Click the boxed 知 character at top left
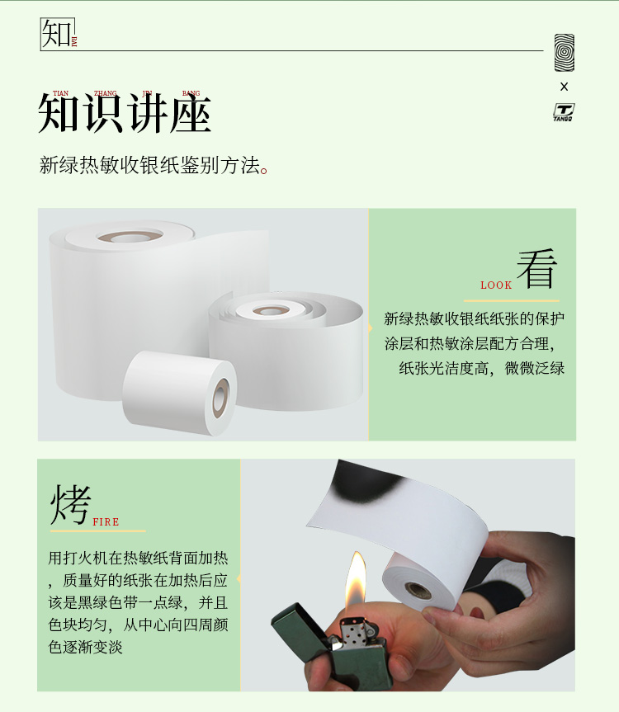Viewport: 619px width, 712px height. pyautogui.click(x=56, y=33)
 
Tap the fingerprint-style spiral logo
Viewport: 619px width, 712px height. pyautogui.click(x=564, y=53)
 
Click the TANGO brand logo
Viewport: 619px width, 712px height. pyautogui.click(x=564, y=111)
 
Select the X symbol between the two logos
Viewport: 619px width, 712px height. pyautogui.click(x=564, y=87)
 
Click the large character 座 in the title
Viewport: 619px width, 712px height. pyautogui.click(x=191, y=114)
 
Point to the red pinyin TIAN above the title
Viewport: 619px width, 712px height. pyautogui.click(x=60, y=93)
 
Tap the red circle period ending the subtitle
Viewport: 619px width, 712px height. pyautogui.click(x=265, y=170)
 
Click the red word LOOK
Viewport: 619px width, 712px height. pyautogui.click(x=496, y=285)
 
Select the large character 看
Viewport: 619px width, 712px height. pyautogui.click(x=536, y=268)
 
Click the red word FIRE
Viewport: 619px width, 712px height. pyautogui.click(x=106, y=521)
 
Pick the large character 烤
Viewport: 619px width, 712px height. pyautogui.click(x=70, y=504)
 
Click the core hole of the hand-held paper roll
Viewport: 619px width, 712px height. pyautogui.click(x=418, y=590)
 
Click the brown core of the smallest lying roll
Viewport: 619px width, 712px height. pyautogui.click(x=221, y=398)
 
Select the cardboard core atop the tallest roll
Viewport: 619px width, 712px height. pyautogui.click(x=130, y=236)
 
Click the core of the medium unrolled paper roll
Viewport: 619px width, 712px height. pyautogui.click(x=272, y=310)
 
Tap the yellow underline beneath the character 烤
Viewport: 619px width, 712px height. pyautogui.click(x=97, y=530)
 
